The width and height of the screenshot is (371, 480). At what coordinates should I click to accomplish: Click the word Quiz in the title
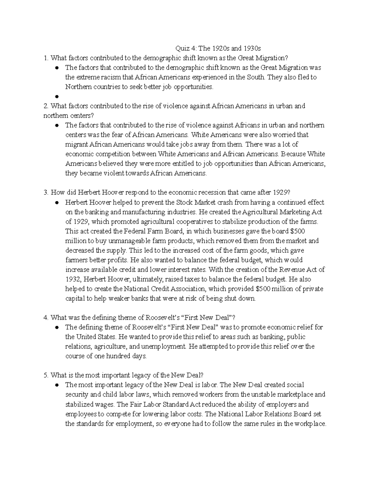pyautogui.click(x=182, y=49)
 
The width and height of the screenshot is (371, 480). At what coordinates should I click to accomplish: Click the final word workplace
pyautogui.click(x=309, y=424)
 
